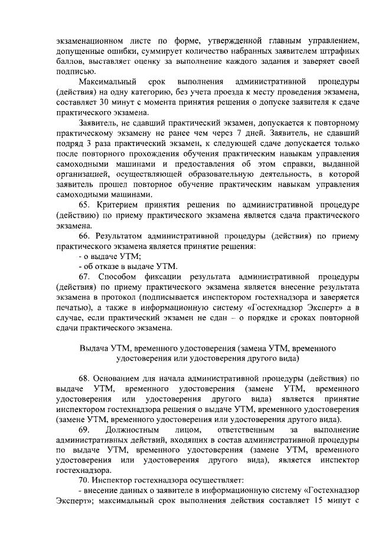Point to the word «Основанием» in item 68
[119, 380]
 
